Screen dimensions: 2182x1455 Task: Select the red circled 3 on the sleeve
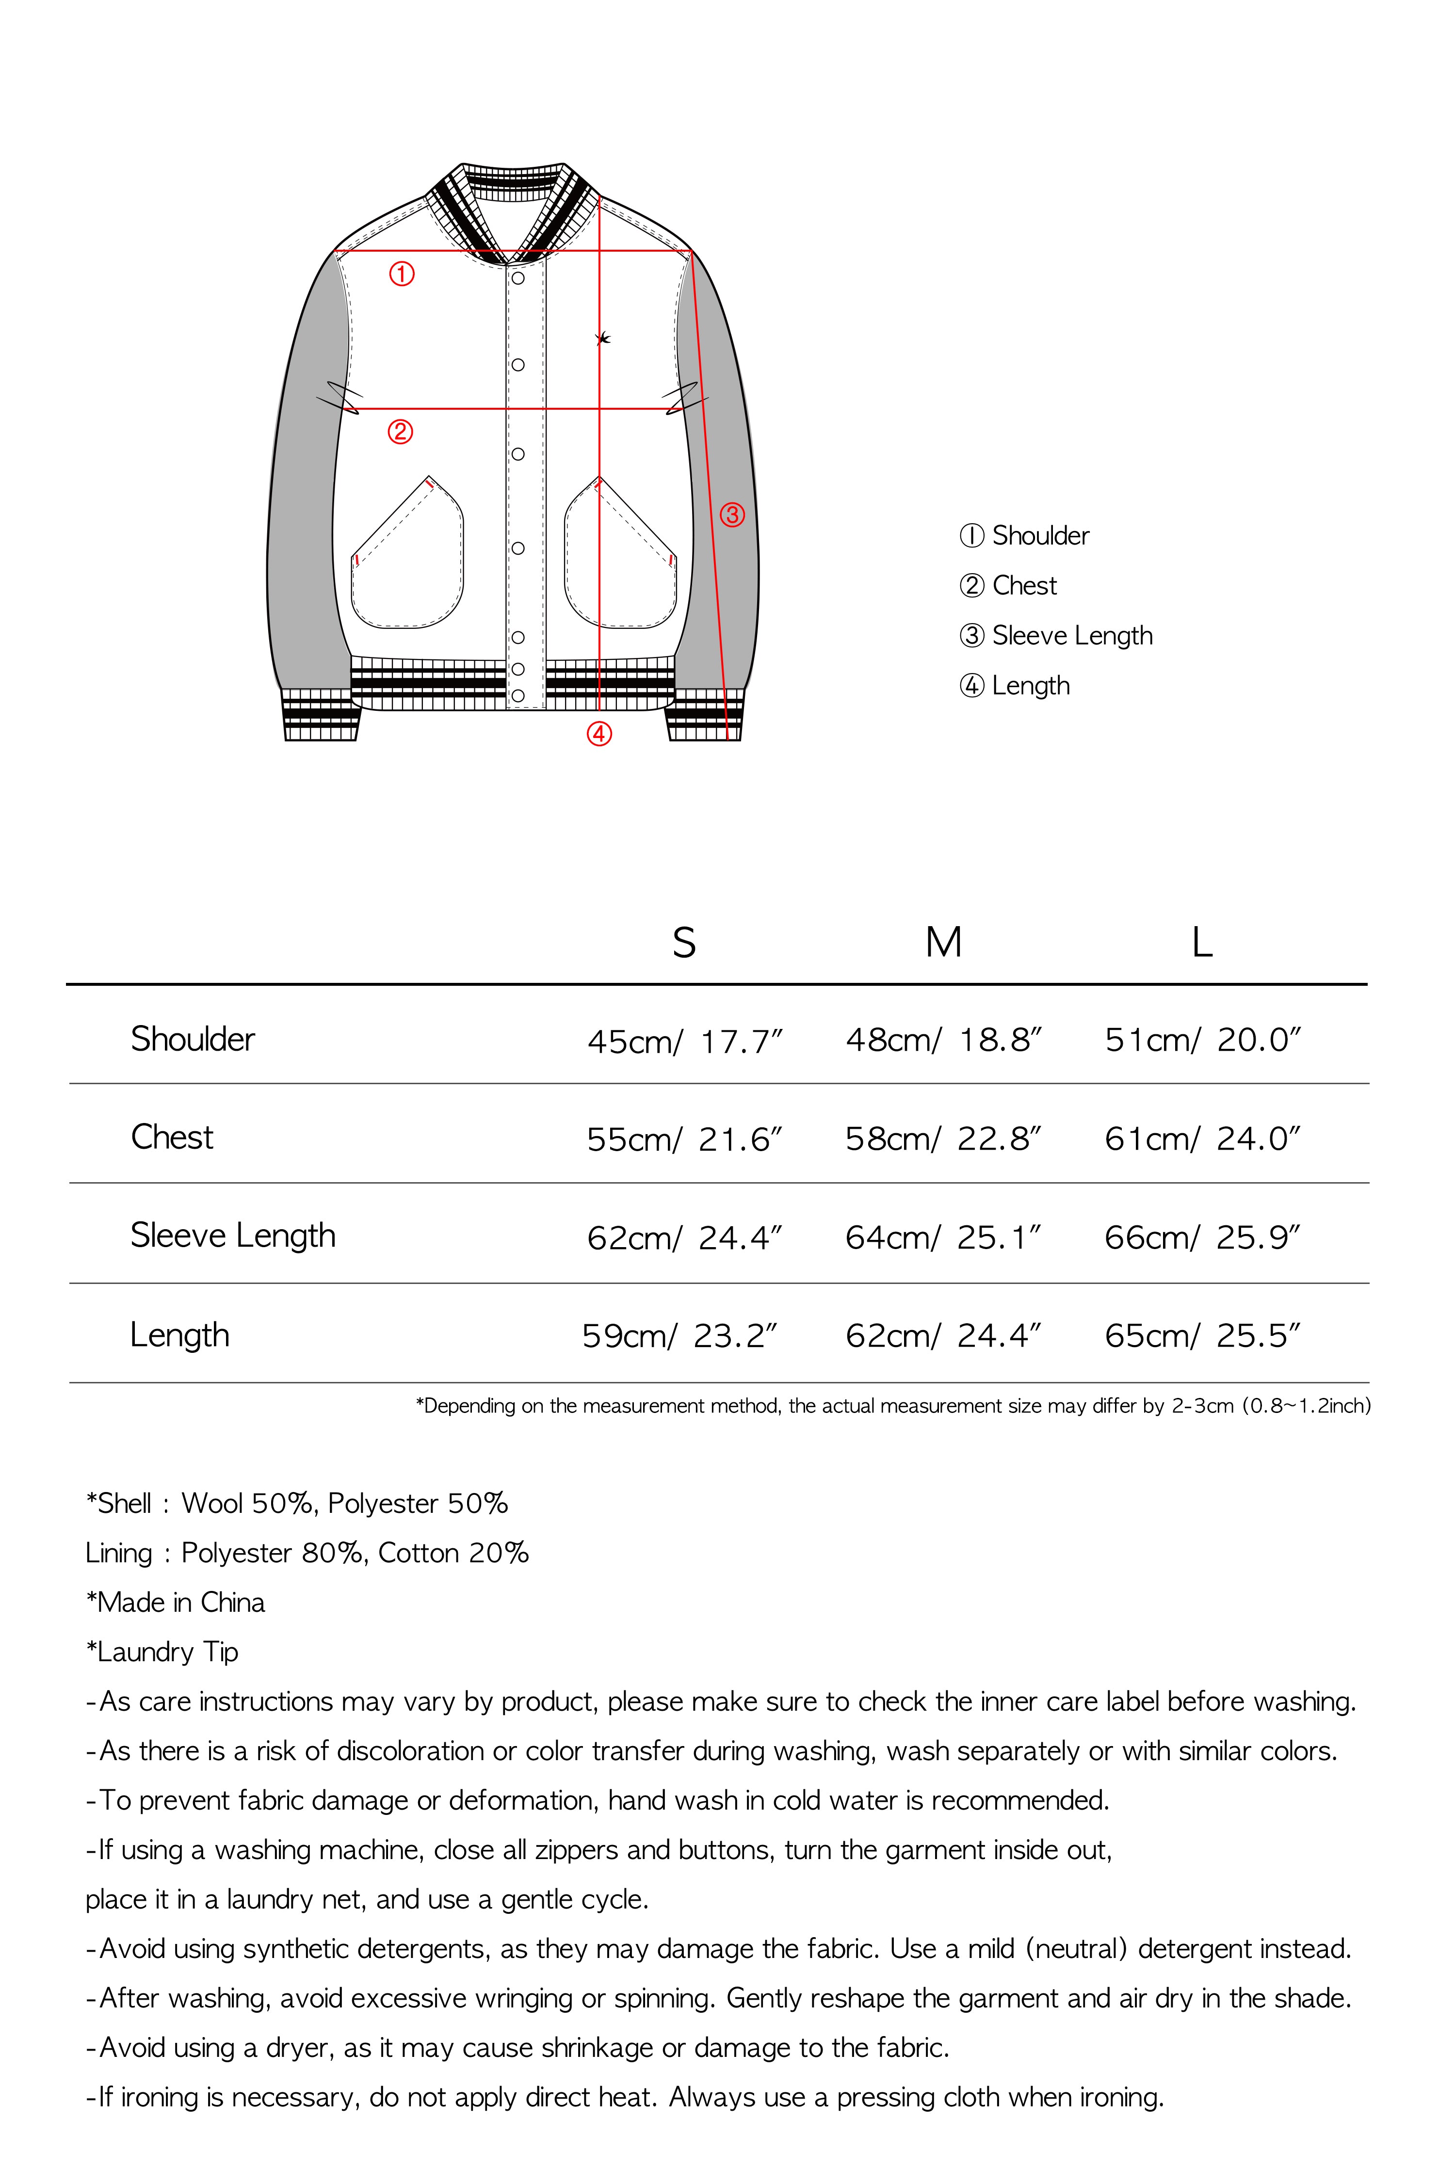[x=732, y=515]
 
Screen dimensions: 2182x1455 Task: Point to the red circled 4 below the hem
[x=599, y=734]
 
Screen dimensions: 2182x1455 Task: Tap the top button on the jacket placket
[x=518, y=278]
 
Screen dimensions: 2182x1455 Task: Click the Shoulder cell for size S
[x=685, y=1041]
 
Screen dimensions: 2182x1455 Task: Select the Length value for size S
[x=679, y=1336]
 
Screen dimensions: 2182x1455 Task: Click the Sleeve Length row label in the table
[x=233, y=1235]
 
